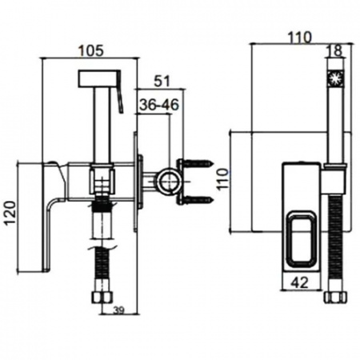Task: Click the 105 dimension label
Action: pos(91,50)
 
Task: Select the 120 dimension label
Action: pos(11,214)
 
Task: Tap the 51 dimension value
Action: pos(162,82)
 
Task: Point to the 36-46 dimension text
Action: pos(159,105)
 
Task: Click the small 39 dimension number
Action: pos(119,310)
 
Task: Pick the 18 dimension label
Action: pos(336,50)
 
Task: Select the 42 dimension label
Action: pos(300,282)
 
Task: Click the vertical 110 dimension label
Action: pos(222,179)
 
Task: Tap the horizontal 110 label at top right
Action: pos(299,38)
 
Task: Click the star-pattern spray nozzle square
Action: pos(336,78)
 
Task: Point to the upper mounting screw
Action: pos(198,162)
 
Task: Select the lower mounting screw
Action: pos(198,199)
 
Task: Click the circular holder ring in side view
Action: pos(170,181)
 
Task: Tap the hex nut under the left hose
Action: pos(102,297)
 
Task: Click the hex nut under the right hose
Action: pos(336,297)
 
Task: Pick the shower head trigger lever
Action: pos(119,91)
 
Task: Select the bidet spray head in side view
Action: pos(98,78)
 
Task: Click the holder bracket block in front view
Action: pos(334,181)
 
